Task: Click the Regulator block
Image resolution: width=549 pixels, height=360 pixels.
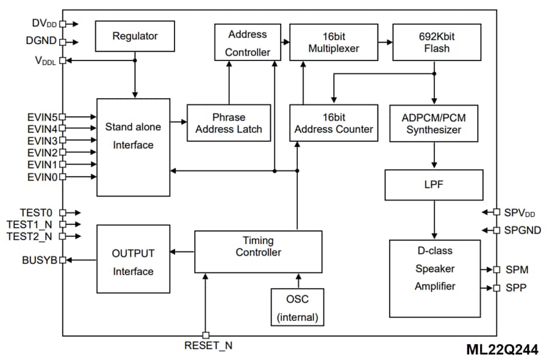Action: click(135, 36)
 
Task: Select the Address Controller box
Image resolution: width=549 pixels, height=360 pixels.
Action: click(247, 43)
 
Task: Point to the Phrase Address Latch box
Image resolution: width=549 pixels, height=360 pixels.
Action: click(229, 123)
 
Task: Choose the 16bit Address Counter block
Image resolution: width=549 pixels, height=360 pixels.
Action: click(334, 123)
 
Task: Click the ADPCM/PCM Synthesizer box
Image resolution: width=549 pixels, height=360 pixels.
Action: click(434, 123)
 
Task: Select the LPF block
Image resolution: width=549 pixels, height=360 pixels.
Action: click(434, 185)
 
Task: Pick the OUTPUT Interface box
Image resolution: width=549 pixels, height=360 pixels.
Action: click(133, 262)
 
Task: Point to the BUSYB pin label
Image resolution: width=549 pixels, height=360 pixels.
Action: click(39, 260)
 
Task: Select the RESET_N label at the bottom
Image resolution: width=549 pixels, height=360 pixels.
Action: click(208, 346)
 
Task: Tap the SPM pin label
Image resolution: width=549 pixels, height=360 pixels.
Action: click(517, 270)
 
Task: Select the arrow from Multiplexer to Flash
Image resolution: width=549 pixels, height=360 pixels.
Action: click(384, 42)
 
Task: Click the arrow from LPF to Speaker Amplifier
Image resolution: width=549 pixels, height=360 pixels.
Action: click(434, 220)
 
